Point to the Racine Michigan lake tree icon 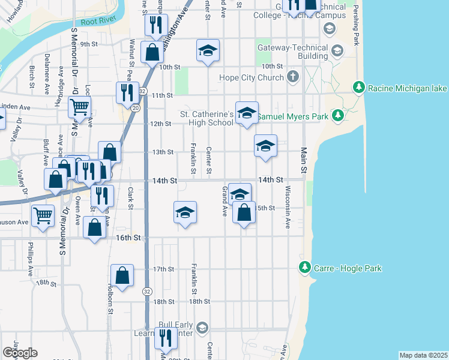point(359,88)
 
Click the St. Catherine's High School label point(207,118)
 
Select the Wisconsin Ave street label point(288,215)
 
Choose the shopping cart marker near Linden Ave point(79,108)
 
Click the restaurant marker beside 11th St point(127,92)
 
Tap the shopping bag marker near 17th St point(122,276)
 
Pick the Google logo point(20,353)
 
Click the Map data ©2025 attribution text point(424,355)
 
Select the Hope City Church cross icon point(292,77)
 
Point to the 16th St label point(128,238)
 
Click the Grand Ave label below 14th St point(224,201)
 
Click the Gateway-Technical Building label point(292,52)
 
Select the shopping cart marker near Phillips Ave point(43,215)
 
